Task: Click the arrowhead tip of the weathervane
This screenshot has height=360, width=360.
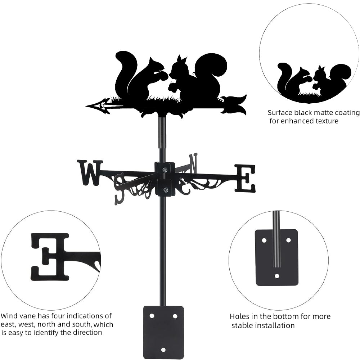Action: (x=86, y=106)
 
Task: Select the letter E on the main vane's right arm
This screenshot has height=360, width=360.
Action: (x=245, y=178)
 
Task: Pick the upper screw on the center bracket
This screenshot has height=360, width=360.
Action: (x=165, y=170)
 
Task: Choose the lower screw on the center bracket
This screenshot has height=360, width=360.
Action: (x=165, y=190)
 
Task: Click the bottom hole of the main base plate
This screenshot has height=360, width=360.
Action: (x=163, y=350)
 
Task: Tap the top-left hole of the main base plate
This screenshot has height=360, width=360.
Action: (x=152, y=316)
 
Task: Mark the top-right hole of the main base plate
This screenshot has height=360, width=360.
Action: (x=175, y=316)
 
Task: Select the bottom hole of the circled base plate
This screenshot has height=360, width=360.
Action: (x=277, y=276)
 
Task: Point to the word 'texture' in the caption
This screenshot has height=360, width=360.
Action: (x=327, y=121)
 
